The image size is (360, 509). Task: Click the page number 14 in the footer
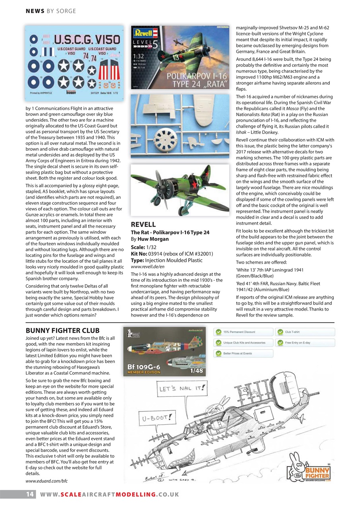[29, 494]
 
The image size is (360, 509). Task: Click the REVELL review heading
[143, 225]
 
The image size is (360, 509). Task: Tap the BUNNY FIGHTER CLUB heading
[62, 330]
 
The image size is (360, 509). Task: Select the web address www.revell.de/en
[148, 266]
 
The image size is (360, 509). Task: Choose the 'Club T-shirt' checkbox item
[305, 332]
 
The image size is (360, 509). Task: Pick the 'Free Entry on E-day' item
[305, 343]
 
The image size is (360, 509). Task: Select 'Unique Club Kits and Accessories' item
[243, 343]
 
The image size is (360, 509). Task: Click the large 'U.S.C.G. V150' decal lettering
[87, 40]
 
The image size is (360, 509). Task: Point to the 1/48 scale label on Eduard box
[194, 370]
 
